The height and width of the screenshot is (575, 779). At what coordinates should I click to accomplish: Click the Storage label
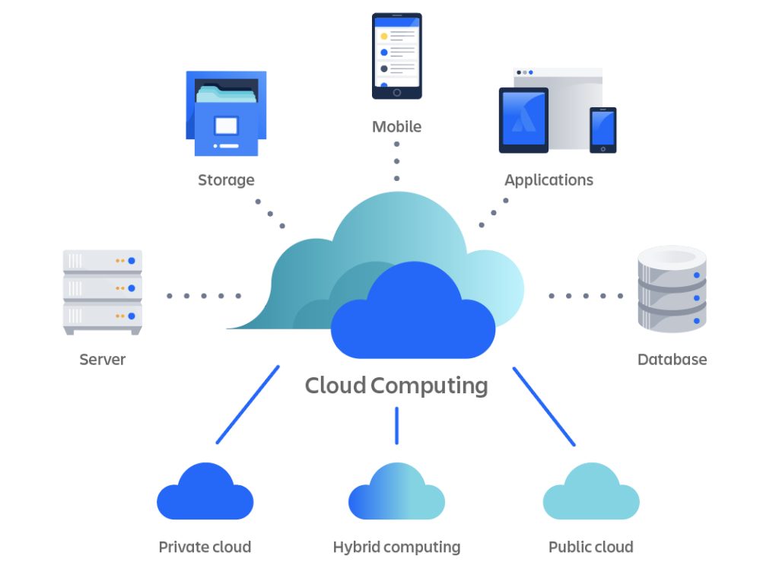[x=226, y=180]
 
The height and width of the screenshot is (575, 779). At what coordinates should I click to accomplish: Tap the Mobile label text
[x=396, y=127]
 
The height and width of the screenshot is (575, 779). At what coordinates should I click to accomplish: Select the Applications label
[x=548, y=180]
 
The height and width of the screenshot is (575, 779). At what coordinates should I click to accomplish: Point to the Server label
[x=103, y=359]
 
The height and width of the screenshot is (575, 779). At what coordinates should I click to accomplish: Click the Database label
[x=672, y=359]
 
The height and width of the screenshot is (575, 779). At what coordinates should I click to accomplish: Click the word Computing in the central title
[x=430, y=386]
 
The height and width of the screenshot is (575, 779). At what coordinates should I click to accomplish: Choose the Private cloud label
[x=205, y=547]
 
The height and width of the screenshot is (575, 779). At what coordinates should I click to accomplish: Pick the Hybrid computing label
[x=396, y=547]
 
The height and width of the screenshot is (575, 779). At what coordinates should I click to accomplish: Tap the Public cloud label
[x=590, y=547]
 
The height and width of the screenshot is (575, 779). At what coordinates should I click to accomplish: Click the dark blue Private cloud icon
[x=205, y=494]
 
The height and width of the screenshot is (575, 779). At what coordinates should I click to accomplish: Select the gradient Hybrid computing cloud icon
[x=396, y=494]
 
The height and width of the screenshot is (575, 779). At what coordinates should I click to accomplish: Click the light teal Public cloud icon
[x=591, y=494]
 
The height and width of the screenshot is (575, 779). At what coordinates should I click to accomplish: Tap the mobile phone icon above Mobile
[x=396, y=56]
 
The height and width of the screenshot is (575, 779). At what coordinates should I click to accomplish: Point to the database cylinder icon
[x=672, y=289]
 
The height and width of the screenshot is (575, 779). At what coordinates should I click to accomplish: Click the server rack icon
[x=103, y=291]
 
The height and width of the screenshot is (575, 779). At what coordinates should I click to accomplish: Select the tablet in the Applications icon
[x=523, y=120]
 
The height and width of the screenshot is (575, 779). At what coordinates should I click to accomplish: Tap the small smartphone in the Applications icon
[x=603, y=129]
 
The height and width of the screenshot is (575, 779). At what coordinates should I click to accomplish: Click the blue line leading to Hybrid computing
[x=396, y=426]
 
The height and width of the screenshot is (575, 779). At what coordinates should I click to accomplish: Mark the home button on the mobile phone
[x=396, y=93]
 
